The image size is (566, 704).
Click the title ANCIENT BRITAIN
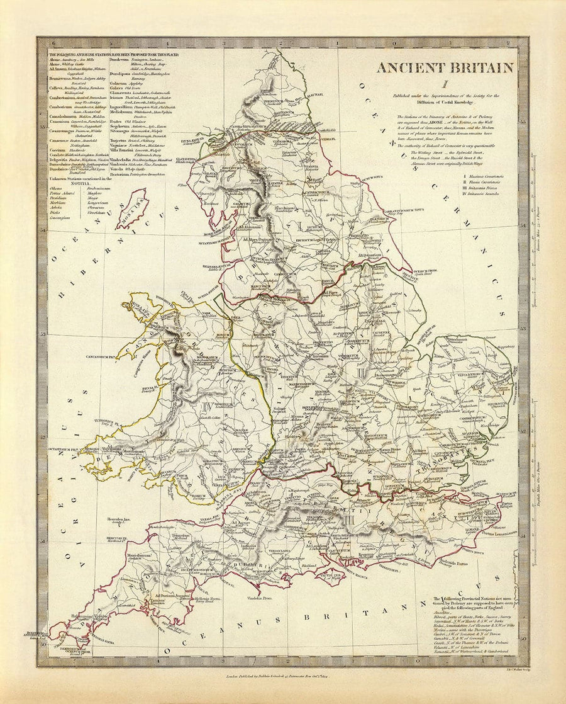(445, 68)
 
